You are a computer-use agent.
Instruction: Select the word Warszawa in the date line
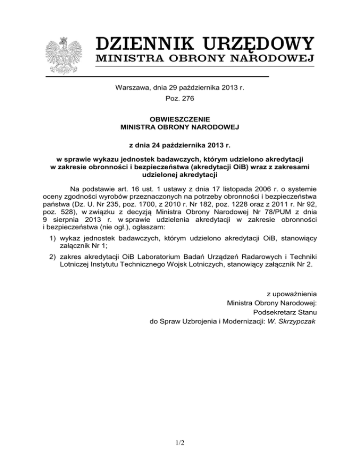point(131,88)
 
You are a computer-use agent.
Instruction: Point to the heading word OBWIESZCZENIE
point(180,119)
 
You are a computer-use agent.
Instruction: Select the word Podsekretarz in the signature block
point(272,312)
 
